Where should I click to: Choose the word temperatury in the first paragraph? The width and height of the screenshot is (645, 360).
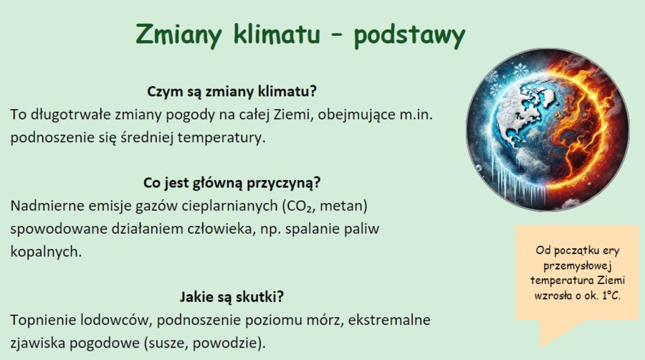click(222, 137)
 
